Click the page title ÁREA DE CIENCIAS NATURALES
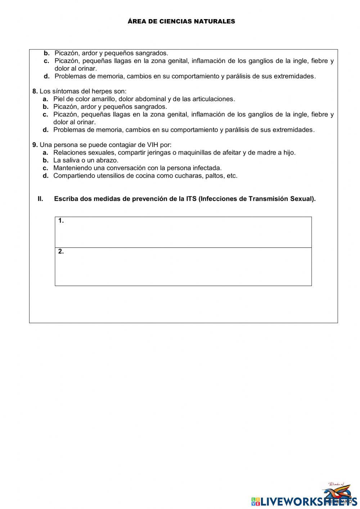click(x=181, y=22)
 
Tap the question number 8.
click(x=35, y=91)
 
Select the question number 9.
click(x=35, y=145)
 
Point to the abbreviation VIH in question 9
click(x=153, y=145)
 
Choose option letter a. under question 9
click(x=45, y=153)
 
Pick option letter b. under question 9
click(x=45, y=160)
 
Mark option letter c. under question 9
click(x=45, y=168)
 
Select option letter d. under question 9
click(x=45, y=176)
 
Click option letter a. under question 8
click(x=45, y=99)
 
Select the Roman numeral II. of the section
click(x=40, y=199)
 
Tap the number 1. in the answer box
click(x=61, y=221)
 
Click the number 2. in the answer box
click(x=61, y=251)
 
